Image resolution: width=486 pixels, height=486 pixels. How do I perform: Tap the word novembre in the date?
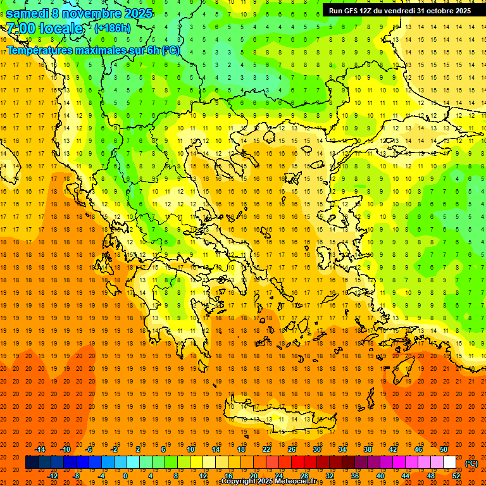tap(94, 13)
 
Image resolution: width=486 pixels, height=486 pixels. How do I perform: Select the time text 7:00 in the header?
tap(19, 29)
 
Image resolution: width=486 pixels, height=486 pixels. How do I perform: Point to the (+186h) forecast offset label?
tap(113, 28)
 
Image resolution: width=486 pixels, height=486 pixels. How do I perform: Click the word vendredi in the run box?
tap(396, 11)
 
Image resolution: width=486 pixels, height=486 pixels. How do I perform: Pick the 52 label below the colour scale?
tap(456, 476)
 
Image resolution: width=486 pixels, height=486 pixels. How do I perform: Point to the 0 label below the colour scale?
tap(125, 476)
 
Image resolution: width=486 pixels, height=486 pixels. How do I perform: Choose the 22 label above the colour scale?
tap(266, 449)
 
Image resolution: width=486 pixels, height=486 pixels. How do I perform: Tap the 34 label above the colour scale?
tap(342, 449)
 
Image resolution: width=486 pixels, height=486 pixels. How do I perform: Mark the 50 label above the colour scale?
tap(444, 449)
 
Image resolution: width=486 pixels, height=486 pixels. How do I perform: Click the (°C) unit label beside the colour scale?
tap(471, 463)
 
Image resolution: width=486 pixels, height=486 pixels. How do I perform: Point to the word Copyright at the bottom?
tap(239, 482)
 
